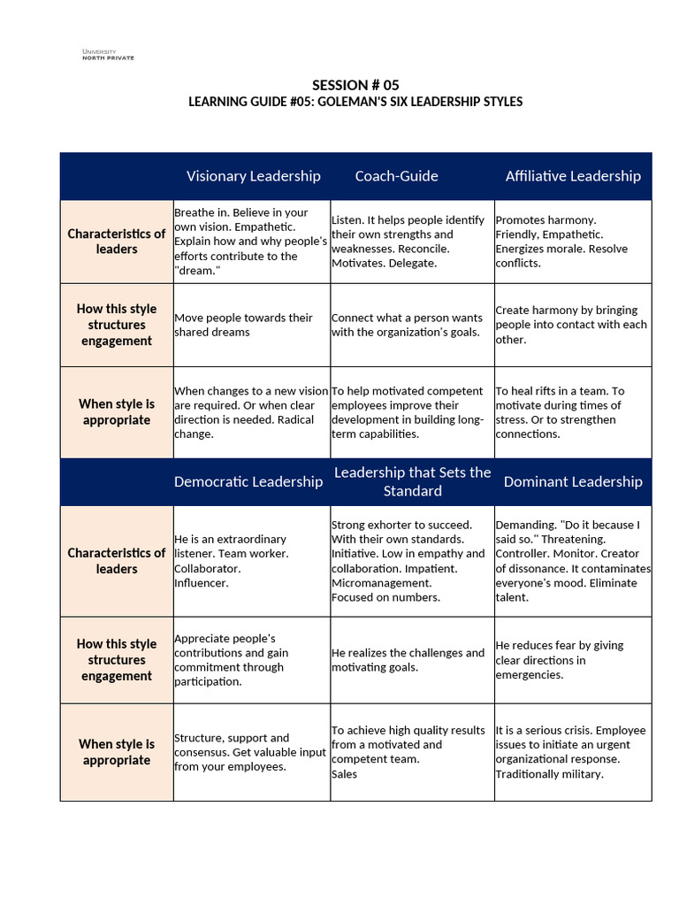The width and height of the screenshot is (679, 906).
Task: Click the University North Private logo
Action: coord(108,55)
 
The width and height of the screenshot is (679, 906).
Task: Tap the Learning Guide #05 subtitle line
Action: coord(355,102)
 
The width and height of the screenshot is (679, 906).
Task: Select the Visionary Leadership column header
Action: coord(253,176)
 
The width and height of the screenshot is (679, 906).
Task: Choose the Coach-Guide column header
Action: coord(396,176)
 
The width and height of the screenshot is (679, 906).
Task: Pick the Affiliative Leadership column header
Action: coord(573,176)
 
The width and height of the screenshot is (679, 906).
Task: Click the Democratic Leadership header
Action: coord(248,481)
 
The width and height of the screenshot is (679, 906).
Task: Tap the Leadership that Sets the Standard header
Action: coord(412,481)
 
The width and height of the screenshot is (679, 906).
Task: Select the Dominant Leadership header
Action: coord(573,481)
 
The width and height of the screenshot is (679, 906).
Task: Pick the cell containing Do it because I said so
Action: coord(572,561)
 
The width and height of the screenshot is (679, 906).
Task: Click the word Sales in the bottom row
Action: coord(344,774)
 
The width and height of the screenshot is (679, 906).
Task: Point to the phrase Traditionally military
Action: coord(549,774)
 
